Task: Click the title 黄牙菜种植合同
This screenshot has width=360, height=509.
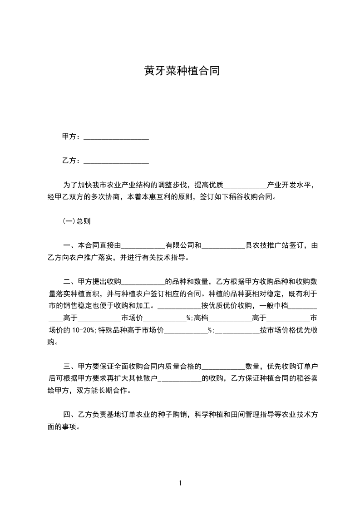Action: (182, 72)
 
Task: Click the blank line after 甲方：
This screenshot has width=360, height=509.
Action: (116, 137)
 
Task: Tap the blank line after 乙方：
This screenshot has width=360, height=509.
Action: (116, 161)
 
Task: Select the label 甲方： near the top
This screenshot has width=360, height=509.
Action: (72, 137)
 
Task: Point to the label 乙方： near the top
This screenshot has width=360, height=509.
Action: (72, 161)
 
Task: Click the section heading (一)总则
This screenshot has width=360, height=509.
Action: (76, 221)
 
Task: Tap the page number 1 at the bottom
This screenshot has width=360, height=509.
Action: (180, 483)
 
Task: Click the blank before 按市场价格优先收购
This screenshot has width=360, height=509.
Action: (237, 331)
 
